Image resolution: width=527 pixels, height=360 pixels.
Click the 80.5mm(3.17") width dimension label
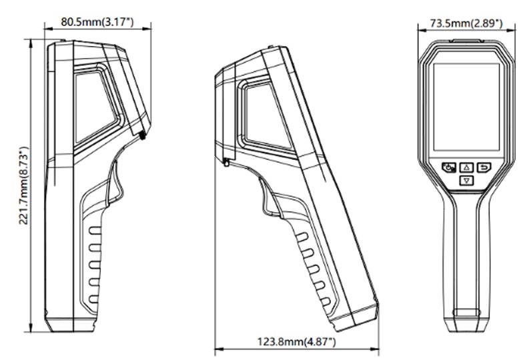97,22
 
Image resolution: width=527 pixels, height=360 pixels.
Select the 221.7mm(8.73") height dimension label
23,186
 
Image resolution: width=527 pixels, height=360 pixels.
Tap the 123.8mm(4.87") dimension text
296,342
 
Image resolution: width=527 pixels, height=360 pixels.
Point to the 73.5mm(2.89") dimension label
466,23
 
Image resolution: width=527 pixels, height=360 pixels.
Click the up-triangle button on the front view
466,167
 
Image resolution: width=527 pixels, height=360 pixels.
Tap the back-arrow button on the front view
484,167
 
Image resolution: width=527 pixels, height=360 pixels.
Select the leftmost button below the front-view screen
449,167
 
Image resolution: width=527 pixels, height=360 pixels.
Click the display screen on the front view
466,107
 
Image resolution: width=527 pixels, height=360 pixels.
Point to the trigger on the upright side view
115,183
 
